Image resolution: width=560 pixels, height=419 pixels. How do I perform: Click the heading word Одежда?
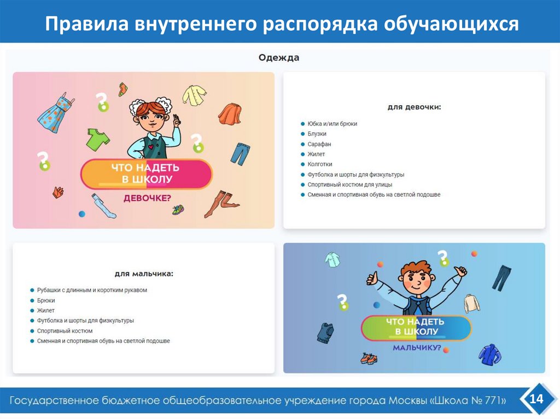tap(279, 58)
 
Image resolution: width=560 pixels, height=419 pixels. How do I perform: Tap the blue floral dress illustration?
tap(55, 113)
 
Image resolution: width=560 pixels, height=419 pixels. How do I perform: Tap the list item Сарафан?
tap(319, 144)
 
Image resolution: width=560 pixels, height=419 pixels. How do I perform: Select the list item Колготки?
tap(320, 164)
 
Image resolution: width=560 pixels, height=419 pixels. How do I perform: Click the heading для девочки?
tap(414, 107)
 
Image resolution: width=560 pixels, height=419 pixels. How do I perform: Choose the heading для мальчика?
tap(144, 274)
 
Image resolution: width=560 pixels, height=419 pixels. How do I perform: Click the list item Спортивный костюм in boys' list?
tap(65, 331)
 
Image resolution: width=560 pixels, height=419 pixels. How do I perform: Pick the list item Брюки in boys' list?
tap(46, 300)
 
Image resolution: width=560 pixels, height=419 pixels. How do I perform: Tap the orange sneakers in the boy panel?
tap(369, 358)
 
